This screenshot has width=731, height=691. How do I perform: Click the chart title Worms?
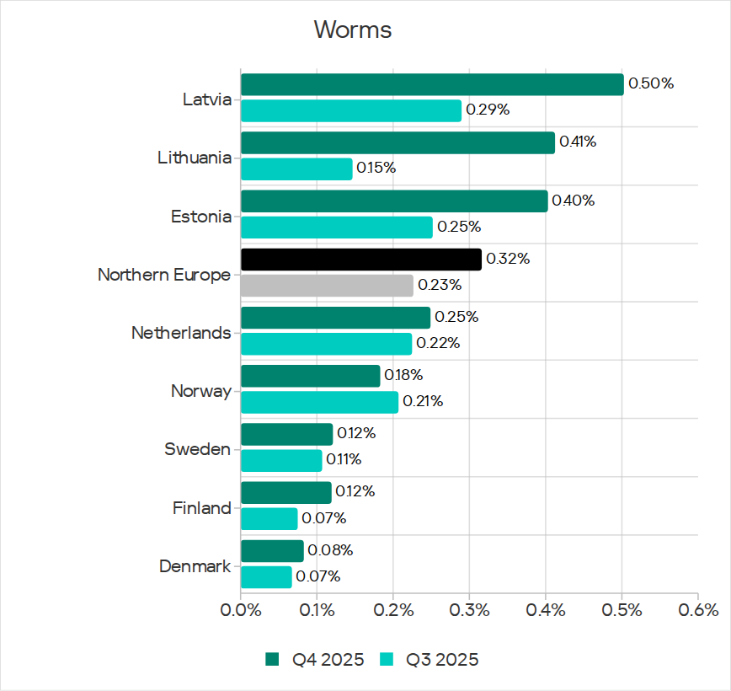(x=353, y=29)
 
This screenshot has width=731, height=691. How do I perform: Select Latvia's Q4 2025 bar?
(x=432, y=84)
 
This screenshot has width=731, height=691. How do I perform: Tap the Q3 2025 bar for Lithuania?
(x=296, y=169)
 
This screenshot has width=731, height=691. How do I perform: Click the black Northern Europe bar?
(x=361, y=260)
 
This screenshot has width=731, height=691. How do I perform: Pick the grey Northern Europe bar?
(x=327, y=286)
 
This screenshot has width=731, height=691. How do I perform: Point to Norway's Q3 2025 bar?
(x=319, y=402)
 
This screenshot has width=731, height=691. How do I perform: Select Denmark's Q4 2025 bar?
(x=272, y=551)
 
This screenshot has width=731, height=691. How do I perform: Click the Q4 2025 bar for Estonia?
(x=394, y=201)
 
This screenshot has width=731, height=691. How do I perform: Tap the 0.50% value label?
(x=651, y=83)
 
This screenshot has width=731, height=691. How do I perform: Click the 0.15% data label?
(x=376, y=168)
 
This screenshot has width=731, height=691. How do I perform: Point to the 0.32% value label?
(x=508, y=259)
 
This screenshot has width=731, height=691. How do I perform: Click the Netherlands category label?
(x=181, y=333)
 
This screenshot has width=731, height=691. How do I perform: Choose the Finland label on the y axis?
(x=202, y=508)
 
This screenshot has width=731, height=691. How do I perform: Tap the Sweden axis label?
(x=198, y=449)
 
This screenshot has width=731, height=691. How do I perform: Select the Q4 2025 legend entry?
(x=316, y=659)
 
